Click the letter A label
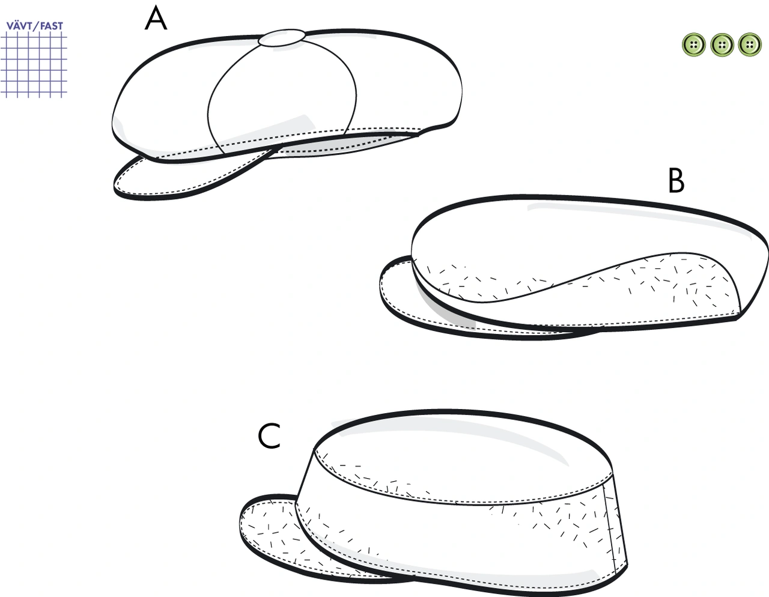(x=156, y=19)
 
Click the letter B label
(x=676, y=181)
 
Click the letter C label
(x=269, y=437)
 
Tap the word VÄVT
(x=19, y=26)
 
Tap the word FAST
(x=51, y=26)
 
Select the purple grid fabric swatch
(x=34, y=64)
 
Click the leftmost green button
(x=694, y=45)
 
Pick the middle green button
(x=722, y=45)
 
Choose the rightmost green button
(x=750, y=45)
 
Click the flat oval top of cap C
(x=464, y=456)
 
